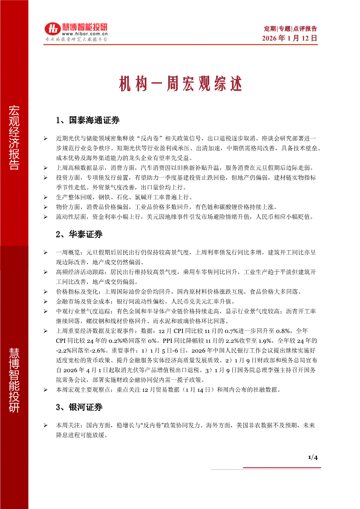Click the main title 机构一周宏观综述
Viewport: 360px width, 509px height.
pyautogui.click(x=180, y=84)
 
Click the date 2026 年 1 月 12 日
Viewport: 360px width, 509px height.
pyautogui.click(x=289, y=38)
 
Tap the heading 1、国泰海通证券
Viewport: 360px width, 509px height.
pyautogui.click(x=88, y=120)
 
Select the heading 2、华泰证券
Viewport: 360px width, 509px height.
pyautogui.click(x=80, y=234)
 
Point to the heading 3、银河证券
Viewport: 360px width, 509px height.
pyautogui.click(x=80, y=408)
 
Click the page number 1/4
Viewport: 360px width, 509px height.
pyautogui.click(x=313, y=457)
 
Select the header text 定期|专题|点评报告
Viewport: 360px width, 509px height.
pyautogui.click(x=291, y=29)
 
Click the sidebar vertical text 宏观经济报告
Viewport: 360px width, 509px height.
pyautogui.click(x=14, y=137)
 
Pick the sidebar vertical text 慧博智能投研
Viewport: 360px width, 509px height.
pyautogui.click(x=14, y=378)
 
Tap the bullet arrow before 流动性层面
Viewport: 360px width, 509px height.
pyautogui.click(x=46, y=217)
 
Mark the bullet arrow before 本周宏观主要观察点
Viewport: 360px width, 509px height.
pyautogui.click(x=46, y=390)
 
